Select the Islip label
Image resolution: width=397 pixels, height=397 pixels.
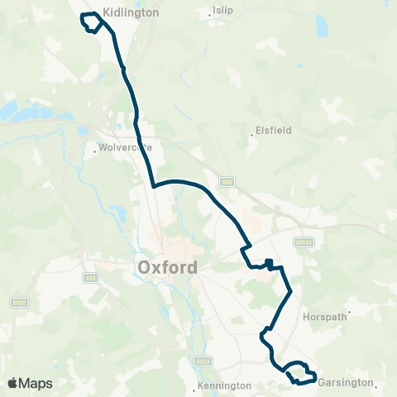tap(224, 11)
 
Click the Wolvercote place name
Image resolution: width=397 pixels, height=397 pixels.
tap(126, 149)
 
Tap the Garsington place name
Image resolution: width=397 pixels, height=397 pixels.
tap(347, 385)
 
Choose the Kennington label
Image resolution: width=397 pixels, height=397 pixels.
tap(223, 386)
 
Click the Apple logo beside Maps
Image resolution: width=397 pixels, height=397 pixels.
tap(12, 383)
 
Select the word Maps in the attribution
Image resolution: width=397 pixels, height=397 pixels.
tap(36, 383)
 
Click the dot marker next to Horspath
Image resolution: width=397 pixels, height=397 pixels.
tap(350, 313)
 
